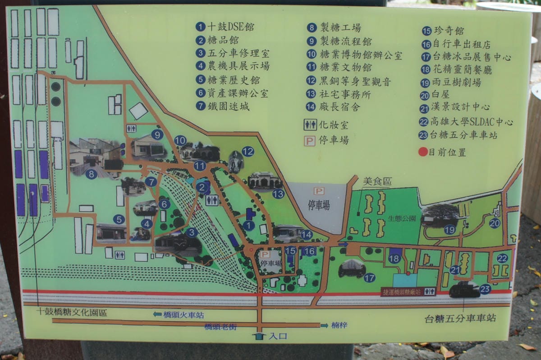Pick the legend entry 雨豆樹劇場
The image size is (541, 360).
[456, 83]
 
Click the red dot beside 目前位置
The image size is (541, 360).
[422, 152]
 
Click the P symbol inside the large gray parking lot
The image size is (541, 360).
[319, 191]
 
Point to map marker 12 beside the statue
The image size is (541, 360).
[248, 152]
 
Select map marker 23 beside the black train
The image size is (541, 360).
[485, 289]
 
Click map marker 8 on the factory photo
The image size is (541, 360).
[92, 174]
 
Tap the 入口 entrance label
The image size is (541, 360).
[277, 336]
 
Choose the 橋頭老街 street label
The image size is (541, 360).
[220, 327]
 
